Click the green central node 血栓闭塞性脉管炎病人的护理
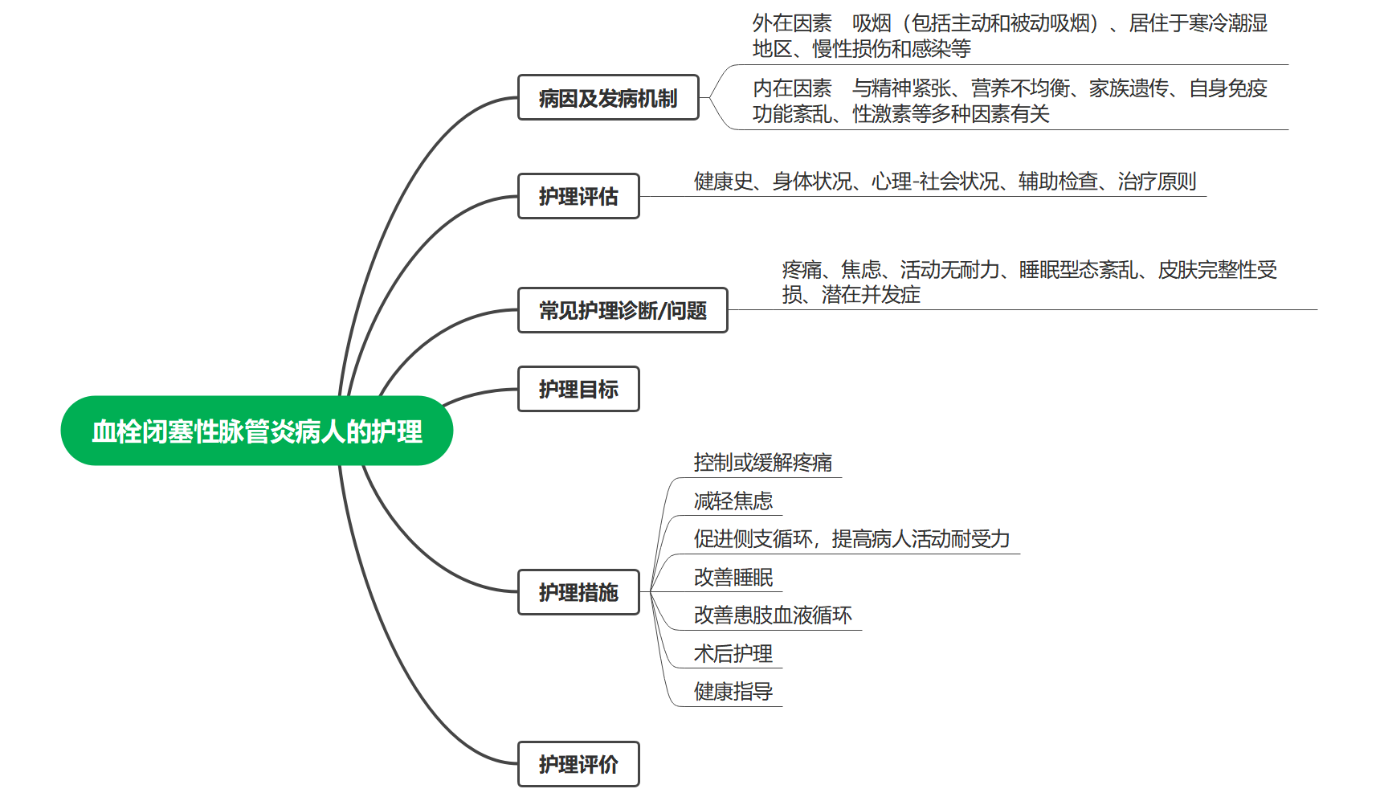tap(257, 431)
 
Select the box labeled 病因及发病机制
tap(608, 98)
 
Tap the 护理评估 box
tap(578, 196)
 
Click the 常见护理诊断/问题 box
tap(623, 310)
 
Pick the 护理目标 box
tap(578, 389)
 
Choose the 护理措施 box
tap(578, 592)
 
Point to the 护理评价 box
tap(578, 764)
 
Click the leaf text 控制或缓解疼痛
tap(762, 463)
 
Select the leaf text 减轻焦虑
tap(733, 501)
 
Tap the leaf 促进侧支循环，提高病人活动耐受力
tap(851, 539)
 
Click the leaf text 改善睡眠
tap(733, 578)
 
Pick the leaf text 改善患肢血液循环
tap(773, 615)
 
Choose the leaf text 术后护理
tap(733, 654)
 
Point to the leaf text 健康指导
tap(733, 692)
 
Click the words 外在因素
tap(792, 23)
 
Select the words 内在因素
tap(792, 88)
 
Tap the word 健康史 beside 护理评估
tap(723, 182)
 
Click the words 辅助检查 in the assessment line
tap(1057, 182)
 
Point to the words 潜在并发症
tap(871, 295)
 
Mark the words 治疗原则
tap(1157, 182)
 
